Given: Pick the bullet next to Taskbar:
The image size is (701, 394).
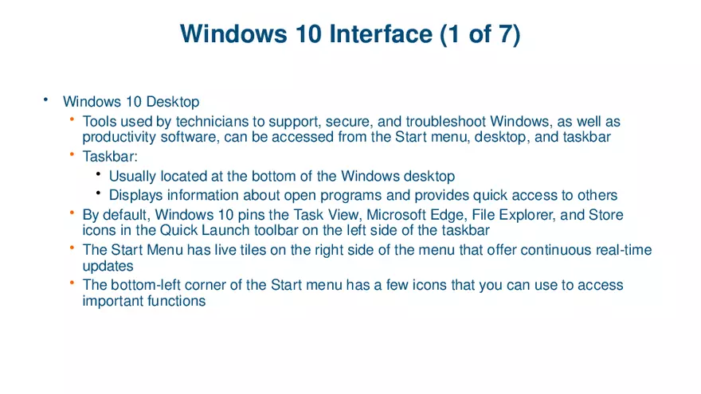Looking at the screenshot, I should pos(72,154).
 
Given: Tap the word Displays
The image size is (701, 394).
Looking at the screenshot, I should pos(136,195).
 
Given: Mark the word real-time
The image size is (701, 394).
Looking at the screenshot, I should pos(623,250).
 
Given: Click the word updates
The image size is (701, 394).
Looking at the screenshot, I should pos(108,266).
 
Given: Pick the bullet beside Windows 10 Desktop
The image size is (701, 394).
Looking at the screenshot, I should pos(46,100).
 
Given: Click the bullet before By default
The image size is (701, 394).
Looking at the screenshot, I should pos(72,213).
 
